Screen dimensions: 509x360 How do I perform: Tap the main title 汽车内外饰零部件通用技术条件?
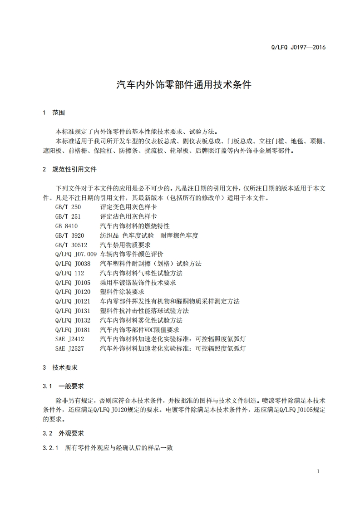point(184,85)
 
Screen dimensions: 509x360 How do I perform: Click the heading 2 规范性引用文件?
point(69,169)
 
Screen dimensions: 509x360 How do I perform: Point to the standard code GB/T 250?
point(68,207)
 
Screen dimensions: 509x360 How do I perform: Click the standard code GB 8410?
point(66,226)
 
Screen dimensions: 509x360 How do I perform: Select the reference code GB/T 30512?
point(71,245)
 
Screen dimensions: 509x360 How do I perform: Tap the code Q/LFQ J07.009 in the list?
point(76,254)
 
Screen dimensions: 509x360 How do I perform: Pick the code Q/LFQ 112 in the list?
point(69,273)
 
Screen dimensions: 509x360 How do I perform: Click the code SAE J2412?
point(69,339)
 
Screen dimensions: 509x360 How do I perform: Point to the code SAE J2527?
point(69,348)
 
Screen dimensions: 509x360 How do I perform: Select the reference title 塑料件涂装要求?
point(122,292)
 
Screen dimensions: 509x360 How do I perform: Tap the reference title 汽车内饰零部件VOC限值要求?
point(139,330)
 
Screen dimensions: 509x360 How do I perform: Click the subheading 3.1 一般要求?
point(64,386)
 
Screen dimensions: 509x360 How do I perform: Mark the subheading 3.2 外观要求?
point(64,433)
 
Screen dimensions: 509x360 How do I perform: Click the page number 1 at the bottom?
point(318,471)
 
